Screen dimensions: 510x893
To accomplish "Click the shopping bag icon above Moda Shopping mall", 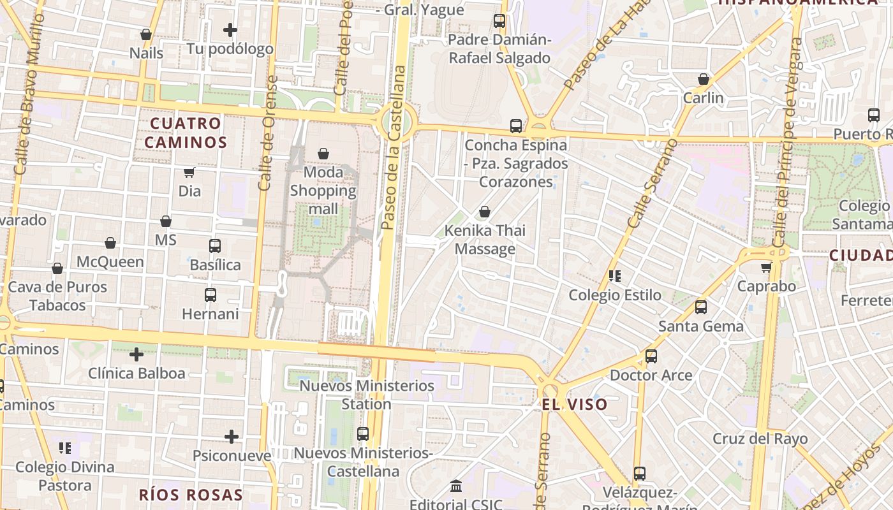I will click(x=323, y=154).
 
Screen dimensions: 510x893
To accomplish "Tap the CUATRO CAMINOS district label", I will click(x=186, y=133).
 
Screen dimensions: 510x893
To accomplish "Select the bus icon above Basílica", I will click(x=215, y=246).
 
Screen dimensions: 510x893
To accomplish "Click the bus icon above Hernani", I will click(x=210, y=295).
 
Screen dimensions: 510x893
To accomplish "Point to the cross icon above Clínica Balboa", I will click(x=137, y=354).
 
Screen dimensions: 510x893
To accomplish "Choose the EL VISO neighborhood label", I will click(x=575, y=405).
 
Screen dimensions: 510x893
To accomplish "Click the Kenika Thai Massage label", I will click(x=485, y=240).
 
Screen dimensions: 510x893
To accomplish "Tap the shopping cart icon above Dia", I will click(x=189, y=172).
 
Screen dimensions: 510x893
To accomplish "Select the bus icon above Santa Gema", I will click(x=701, y=307).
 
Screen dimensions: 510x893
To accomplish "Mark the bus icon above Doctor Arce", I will click(x=651, y=356).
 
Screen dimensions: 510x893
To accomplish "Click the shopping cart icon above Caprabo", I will click(x=766, y=267).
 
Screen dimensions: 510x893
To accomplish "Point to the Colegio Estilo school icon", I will click(x=615, y=276).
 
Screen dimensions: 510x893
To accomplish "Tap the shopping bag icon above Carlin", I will click(x=704, y=79).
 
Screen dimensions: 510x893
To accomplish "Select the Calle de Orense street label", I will click(x=267, y=133).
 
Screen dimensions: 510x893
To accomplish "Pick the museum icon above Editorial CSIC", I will click(x=456, y=486).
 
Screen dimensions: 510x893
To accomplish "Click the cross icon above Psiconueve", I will click(x=232, y=437).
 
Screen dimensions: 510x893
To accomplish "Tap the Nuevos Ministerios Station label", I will click(x=367, y=395).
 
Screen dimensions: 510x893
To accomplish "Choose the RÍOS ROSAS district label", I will click(x=191, y=495).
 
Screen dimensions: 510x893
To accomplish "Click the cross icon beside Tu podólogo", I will click(x=230, y=30).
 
